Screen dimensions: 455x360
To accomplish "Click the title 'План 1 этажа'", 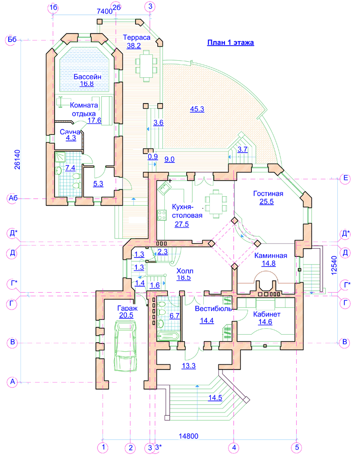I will (230, 42).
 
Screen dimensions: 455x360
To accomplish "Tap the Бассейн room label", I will (84, 76).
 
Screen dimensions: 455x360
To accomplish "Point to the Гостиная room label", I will (267, 194).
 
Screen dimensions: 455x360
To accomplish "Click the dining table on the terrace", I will (147, 65).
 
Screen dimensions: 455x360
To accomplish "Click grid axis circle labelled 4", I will (234, 447).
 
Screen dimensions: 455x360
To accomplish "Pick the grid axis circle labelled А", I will (12, 382).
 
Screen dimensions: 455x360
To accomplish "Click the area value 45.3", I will (197, 109).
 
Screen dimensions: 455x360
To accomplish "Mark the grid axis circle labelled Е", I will (346, 178).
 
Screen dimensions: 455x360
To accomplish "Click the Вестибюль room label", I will (212, 308).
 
